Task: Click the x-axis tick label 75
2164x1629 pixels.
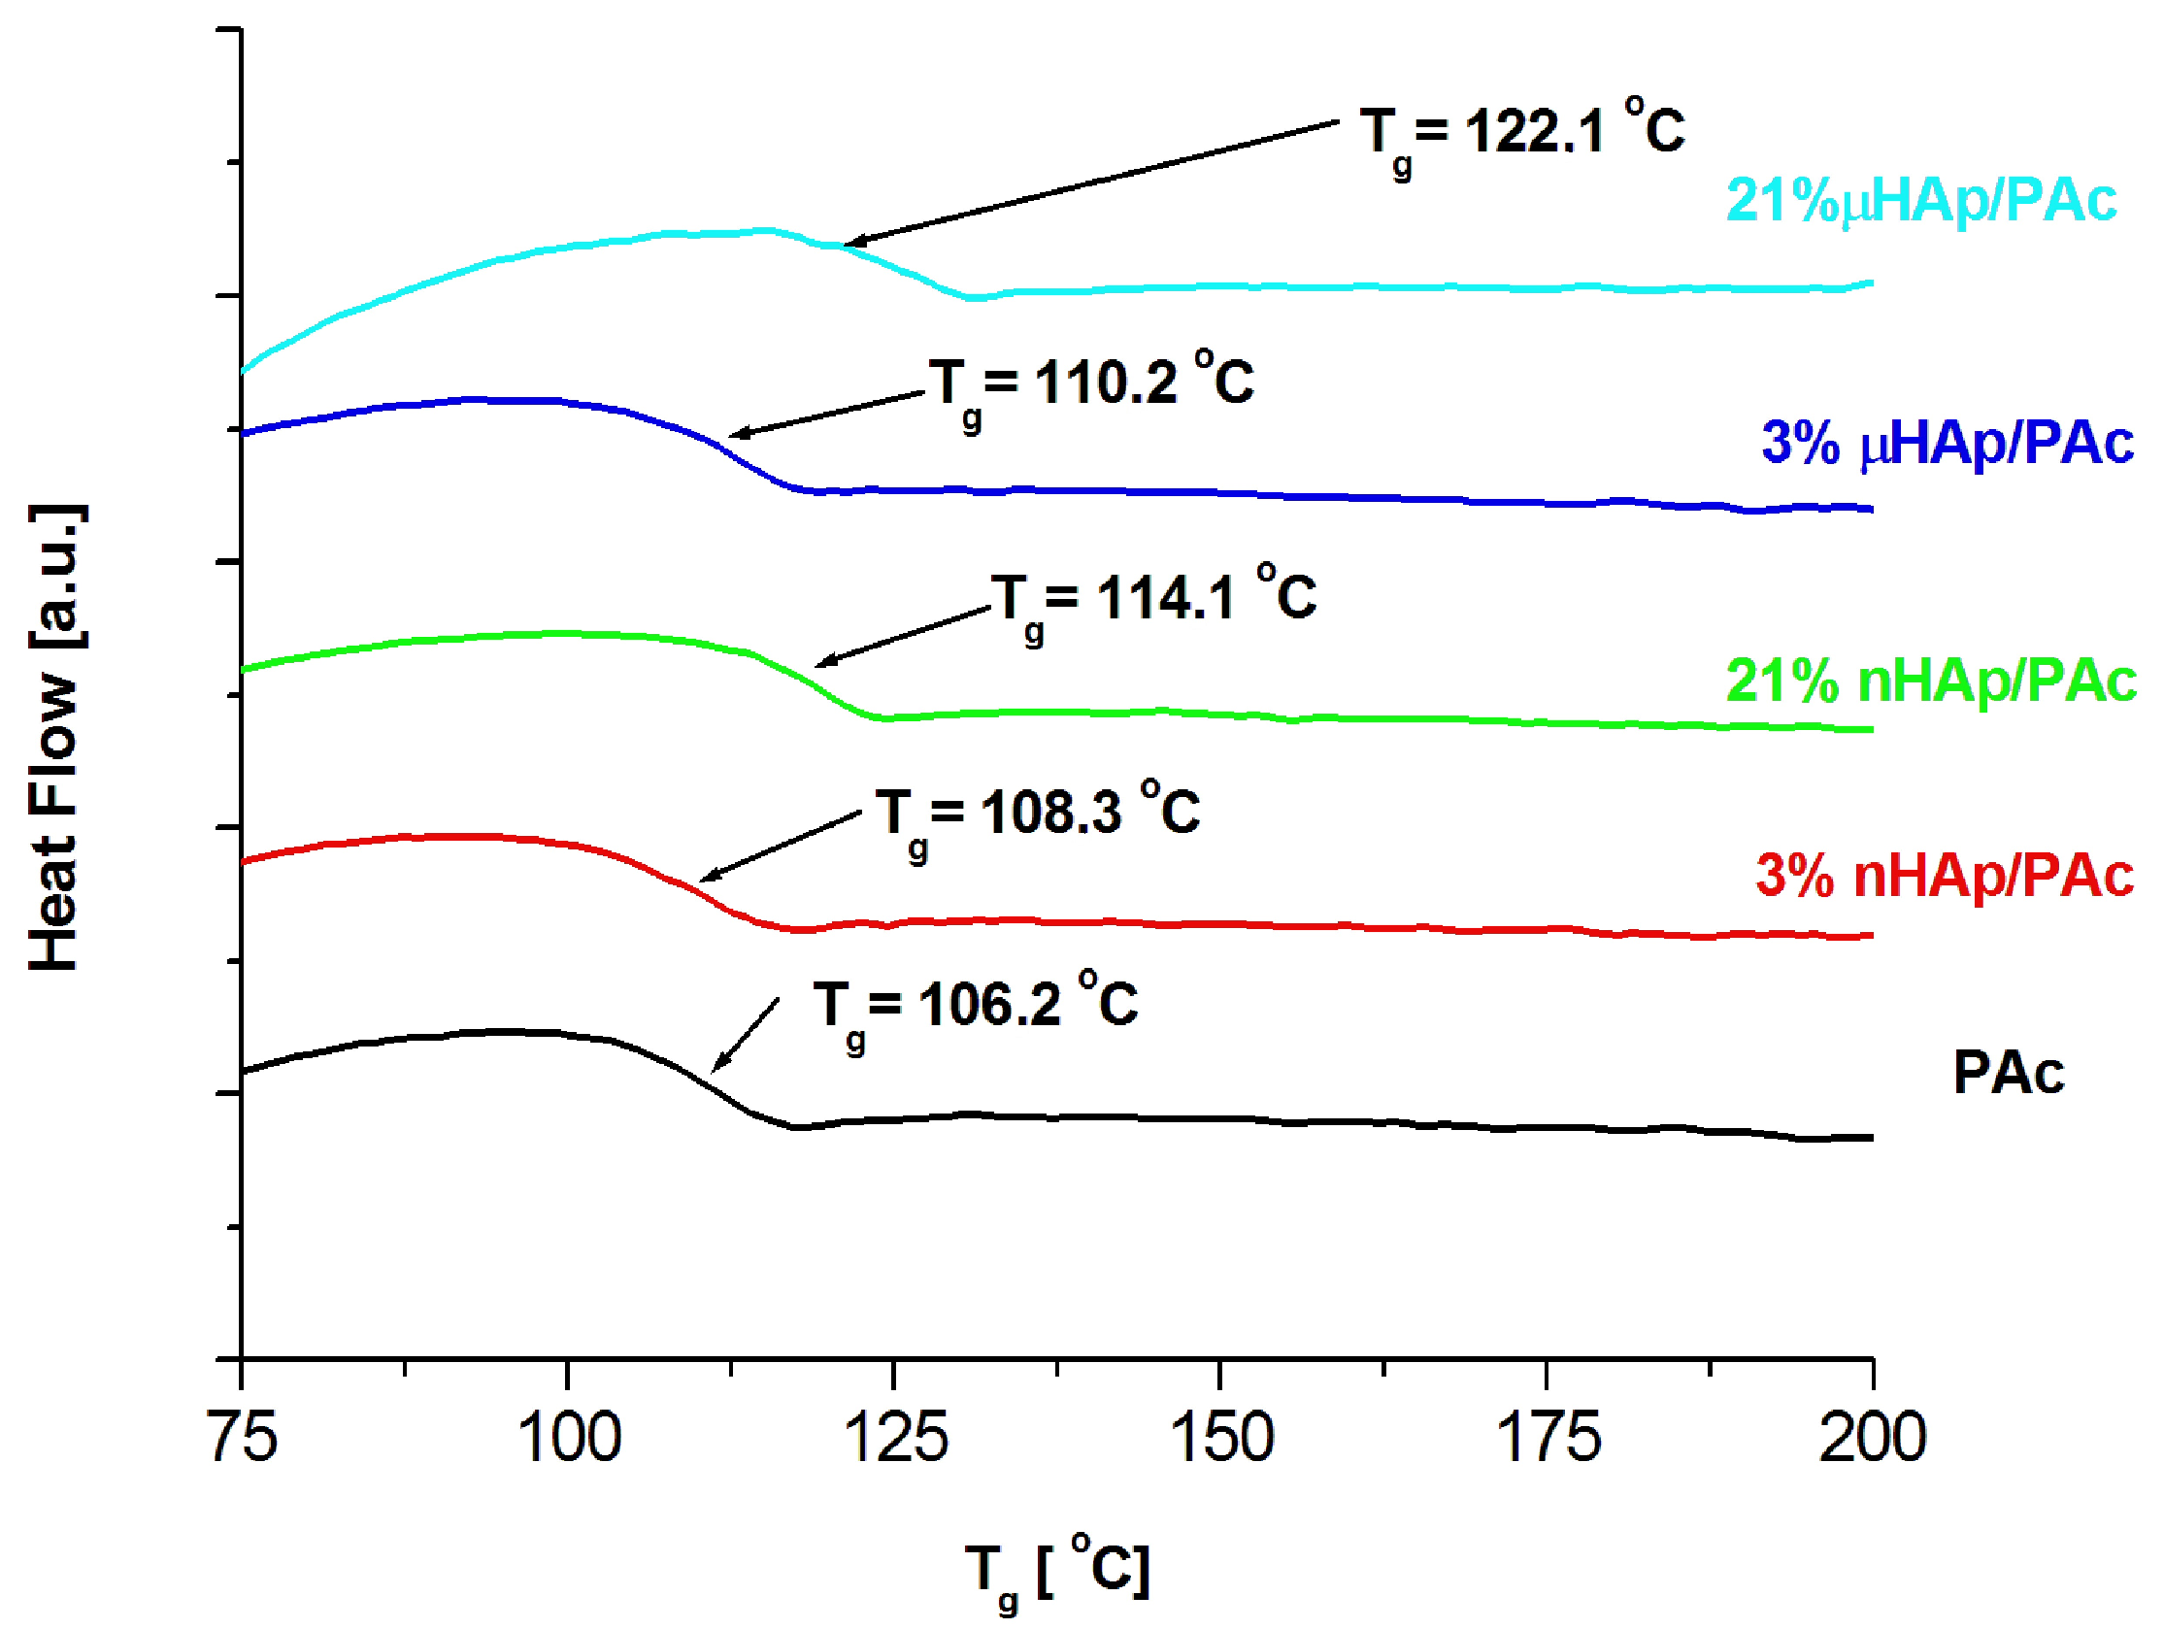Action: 244,1438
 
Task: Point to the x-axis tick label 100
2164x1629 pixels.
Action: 568,1438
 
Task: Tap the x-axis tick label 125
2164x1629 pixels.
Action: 895,1438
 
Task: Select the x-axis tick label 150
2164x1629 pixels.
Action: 1222,1438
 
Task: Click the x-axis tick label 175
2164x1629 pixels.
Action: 1548,1438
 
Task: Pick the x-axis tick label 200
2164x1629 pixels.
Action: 1872,1438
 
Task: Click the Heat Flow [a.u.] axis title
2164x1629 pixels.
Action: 54,739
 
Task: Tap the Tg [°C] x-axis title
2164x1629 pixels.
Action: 1056,1571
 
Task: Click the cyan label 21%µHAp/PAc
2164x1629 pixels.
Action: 1920,201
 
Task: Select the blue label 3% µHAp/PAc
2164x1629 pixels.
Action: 1947,444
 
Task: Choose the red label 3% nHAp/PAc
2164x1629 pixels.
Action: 1944,875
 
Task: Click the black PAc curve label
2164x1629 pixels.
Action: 2008,1074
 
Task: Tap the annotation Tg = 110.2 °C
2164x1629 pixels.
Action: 1091,383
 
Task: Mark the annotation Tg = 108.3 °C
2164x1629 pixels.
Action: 1037,813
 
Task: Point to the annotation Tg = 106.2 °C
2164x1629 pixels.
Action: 976,1006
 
